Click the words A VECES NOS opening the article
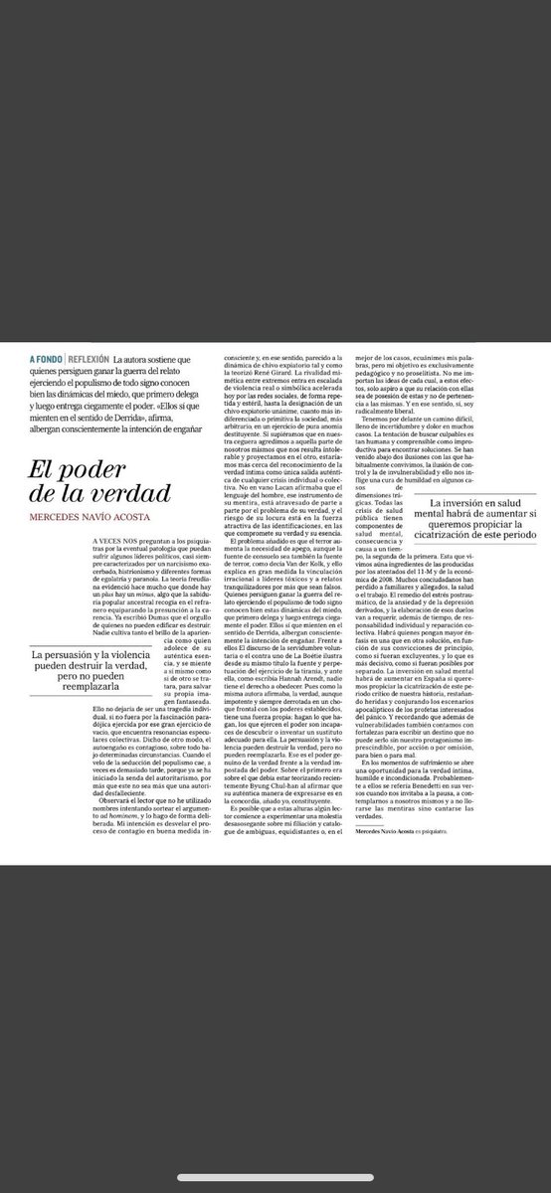(x=56, y=509)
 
